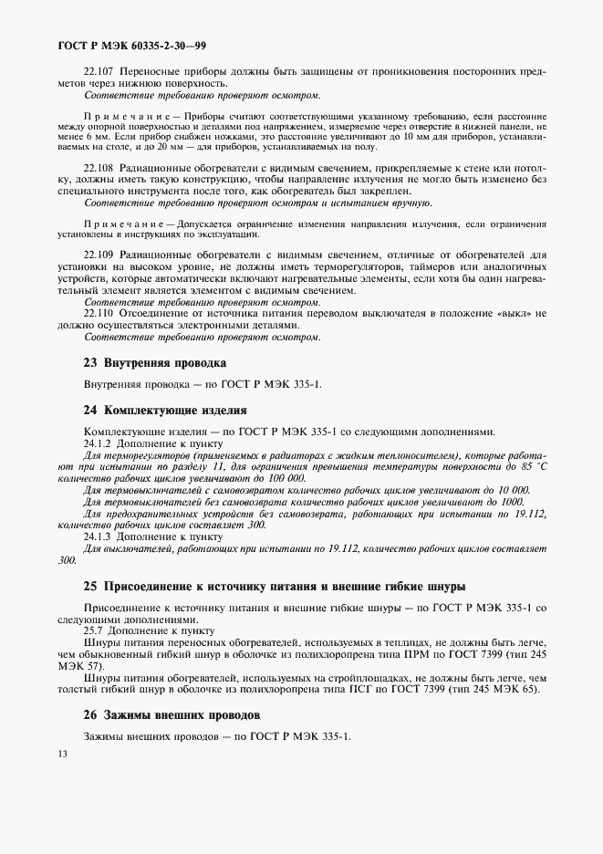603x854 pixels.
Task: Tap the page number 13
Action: click(x=62, y=754)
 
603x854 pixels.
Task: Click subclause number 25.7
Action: click(x=92, y=630)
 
